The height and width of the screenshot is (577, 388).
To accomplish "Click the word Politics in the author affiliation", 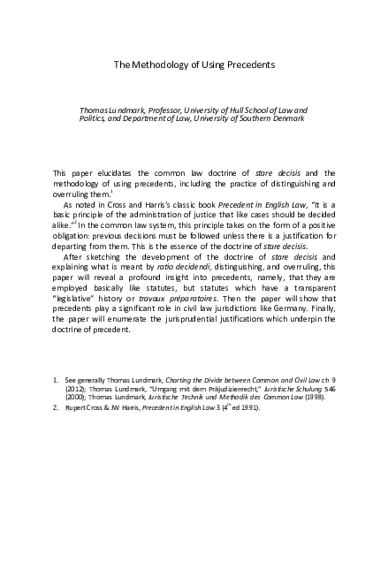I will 94,118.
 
